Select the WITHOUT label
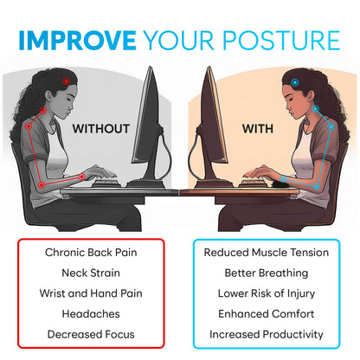click(100, 129)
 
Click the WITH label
click(258, 129)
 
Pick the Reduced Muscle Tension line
click(266, 253)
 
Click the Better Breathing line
click(266, 273)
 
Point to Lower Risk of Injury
click(266, 293)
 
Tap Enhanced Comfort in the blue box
click(266, 313)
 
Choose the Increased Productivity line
click(266, 334)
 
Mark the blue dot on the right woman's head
click(296, 83)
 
